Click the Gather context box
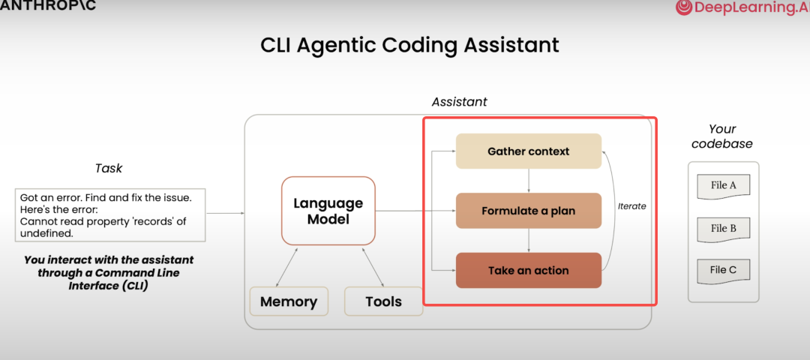pos(529,151)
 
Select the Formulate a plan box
pos(529,211)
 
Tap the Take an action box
pos(529,270)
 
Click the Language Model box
pos(328,211)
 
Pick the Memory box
pos(289,301)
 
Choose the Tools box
pos(383,301)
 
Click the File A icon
pos(723,187)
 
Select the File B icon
pos(723,229)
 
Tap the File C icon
pos(723,271)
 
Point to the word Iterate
pos(631,206)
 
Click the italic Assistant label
pos(459,102)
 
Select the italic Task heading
pos(109,169)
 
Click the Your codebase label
pos(722,136)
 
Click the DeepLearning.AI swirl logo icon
pos(683,7)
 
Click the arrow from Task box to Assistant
pos(225,213)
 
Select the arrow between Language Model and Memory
pos(286,267)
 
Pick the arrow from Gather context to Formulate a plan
pos(529,181)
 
